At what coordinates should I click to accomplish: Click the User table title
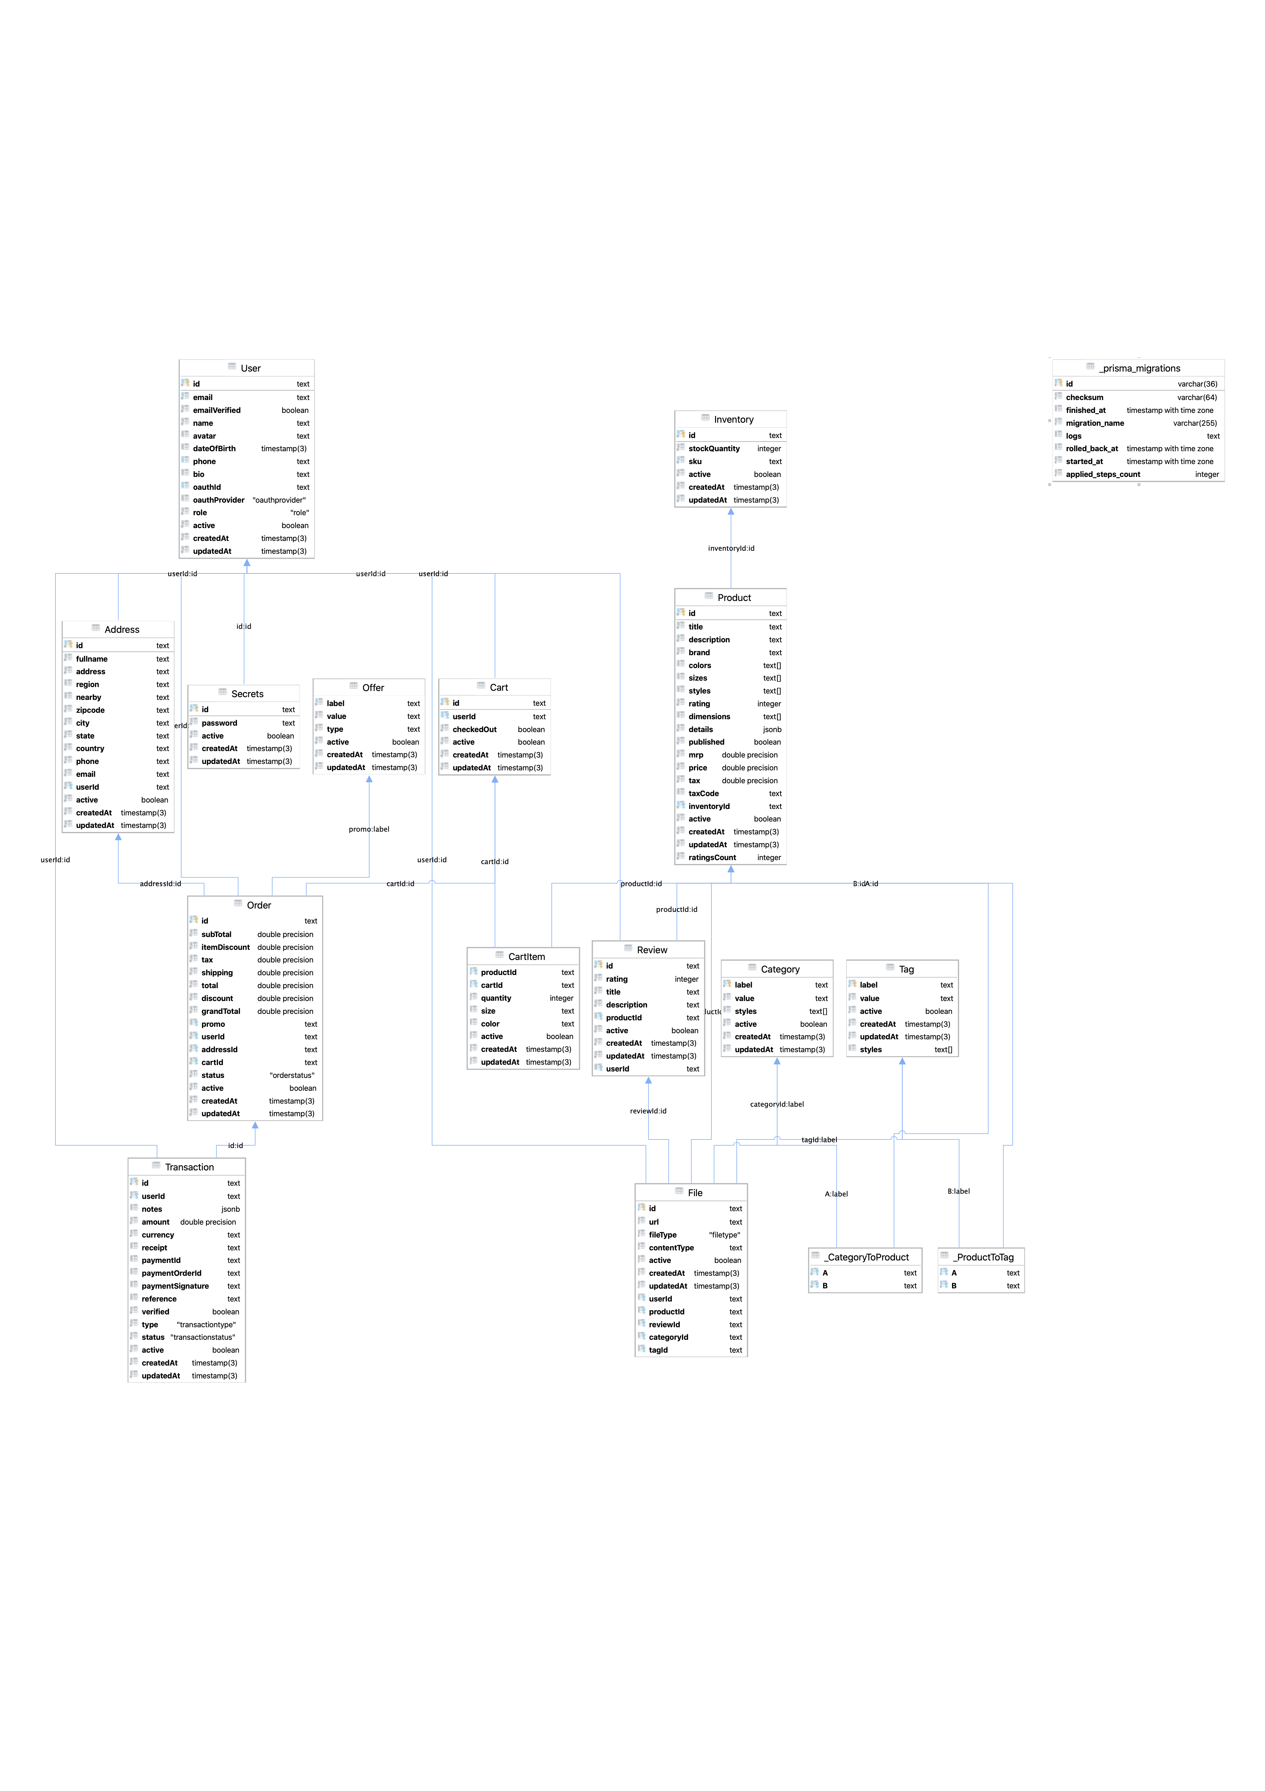[x=250, y=368]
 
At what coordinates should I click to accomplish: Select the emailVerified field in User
[x=217, y=410]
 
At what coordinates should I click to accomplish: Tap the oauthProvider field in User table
[x=218, y=500]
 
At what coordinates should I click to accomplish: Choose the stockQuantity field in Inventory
[x=713, y=448]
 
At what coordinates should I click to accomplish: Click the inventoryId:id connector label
[x=731, y=548]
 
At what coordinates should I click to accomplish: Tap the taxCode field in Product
[x=703, y=793]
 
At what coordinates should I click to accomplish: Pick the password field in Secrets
[x=219, y=723]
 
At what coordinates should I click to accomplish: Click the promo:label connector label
[x=369, y=829]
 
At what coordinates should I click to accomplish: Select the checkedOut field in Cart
[x=474, y=729]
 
